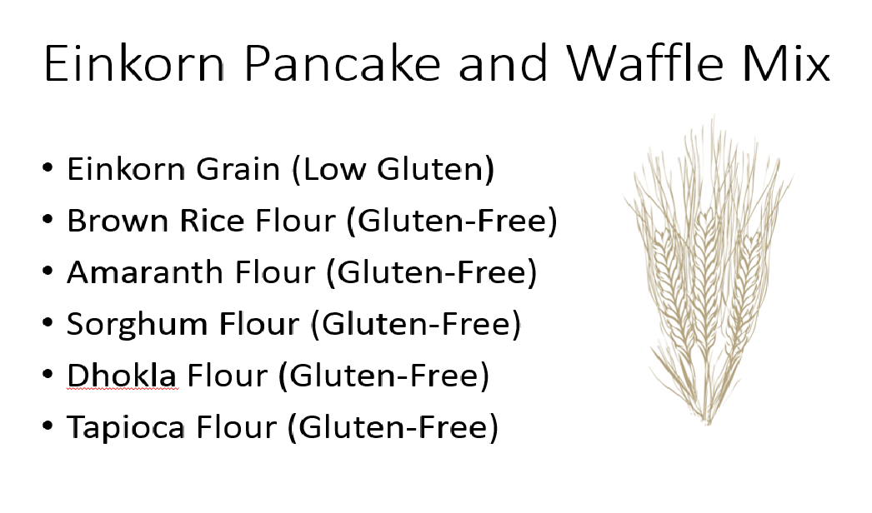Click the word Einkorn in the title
click(x=134, y=63)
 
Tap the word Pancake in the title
click(x=342, y=63)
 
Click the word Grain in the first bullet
click(x=238, y=169)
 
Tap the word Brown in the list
click(x=118, y=221)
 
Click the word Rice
click(x=212, y=221)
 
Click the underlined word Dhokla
click(x=122, y=376)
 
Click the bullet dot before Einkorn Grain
click(x=48, y=167)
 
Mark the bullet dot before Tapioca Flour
click(x=48, y=426)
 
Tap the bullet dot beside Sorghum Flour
click(x=48, y=321)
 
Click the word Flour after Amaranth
click(x=275, y=272)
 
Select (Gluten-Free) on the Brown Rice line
click(x=452, y=222)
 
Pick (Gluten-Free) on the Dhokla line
click(x=383, y=376)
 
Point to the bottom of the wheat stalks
click(x=708, y=421)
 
